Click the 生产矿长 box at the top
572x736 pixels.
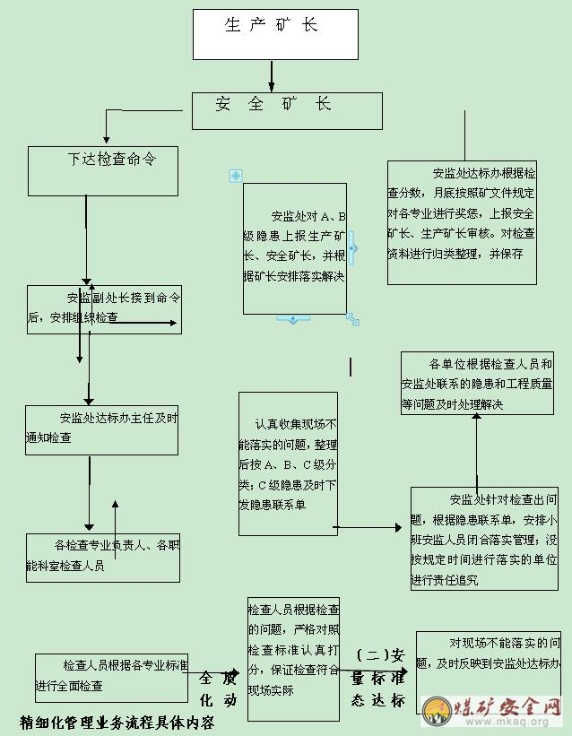pos(275,34)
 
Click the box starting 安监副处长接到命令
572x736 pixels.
pos(104,309)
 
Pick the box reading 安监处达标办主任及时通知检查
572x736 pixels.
pos(101,429)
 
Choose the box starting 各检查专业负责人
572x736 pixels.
pos(103,557)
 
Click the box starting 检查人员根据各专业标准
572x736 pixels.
pos(111,677)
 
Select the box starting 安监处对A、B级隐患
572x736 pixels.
pos(294,248)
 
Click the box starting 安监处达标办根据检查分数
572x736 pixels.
pos(462,222)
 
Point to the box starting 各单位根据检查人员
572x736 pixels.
pos(477,383)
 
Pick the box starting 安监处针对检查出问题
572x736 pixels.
pos(484,538)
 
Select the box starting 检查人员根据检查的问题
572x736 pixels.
pos(293,657)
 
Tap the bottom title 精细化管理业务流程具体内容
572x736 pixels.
pos(117,721)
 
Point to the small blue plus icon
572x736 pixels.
pos(236,176)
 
